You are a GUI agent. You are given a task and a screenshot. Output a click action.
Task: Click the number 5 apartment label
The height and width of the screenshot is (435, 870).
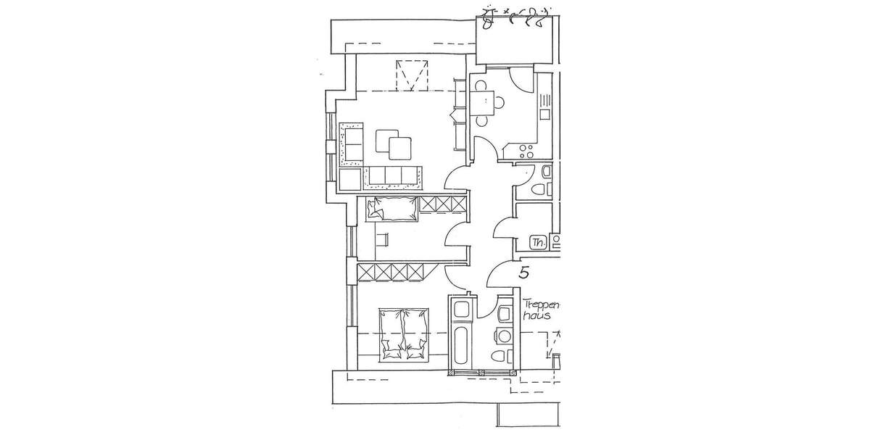click(524, 273)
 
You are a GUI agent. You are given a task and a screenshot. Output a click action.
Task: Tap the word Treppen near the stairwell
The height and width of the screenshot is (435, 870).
click(539, 306)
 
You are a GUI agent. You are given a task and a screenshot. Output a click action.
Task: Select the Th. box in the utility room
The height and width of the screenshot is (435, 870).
click(538, 243)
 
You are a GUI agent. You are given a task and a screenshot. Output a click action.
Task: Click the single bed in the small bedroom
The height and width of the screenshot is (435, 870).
click(392, 209)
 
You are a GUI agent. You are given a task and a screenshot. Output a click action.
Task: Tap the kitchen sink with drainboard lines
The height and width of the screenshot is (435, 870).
click(545, 109)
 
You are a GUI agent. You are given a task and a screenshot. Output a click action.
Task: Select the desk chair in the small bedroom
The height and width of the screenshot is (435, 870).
click(382, 239)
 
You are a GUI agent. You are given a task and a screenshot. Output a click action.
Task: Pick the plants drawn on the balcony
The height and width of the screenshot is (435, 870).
click(518, 17)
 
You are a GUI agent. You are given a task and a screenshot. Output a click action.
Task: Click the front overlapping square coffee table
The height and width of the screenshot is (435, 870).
click(400, 149)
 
